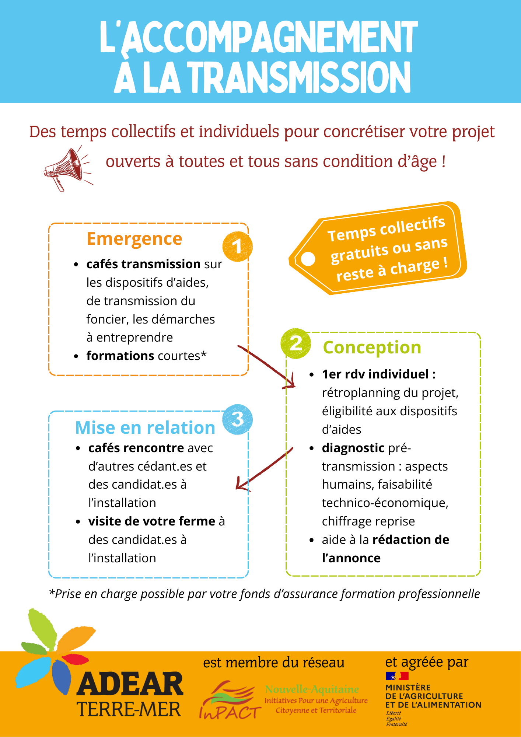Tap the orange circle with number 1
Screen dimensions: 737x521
[x=237, y=247]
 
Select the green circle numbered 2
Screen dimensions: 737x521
[x=296, y=343]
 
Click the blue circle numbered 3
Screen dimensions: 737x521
[x=237, y=419]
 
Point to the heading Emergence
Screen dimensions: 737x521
[x=134, y=239]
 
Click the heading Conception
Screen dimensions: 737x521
[x=372, y=347]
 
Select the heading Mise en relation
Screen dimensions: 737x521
[x=145, y=428]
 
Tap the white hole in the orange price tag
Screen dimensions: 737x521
[x=308, y=259]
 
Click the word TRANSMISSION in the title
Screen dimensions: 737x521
[x=300, y=77]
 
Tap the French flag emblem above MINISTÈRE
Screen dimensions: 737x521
[x=397, y=676]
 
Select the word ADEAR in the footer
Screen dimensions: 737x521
[x=130, y=684]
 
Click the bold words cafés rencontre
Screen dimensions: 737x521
[x=136, y=448]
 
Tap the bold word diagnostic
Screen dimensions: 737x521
[x=353, y=448]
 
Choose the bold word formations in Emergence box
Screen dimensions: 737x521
[x=120, y=356]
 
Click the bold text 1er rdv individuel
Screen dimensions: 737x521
[x=378, y=374]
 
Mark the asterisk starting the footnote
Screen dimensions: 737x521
[x=52, y=592]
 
